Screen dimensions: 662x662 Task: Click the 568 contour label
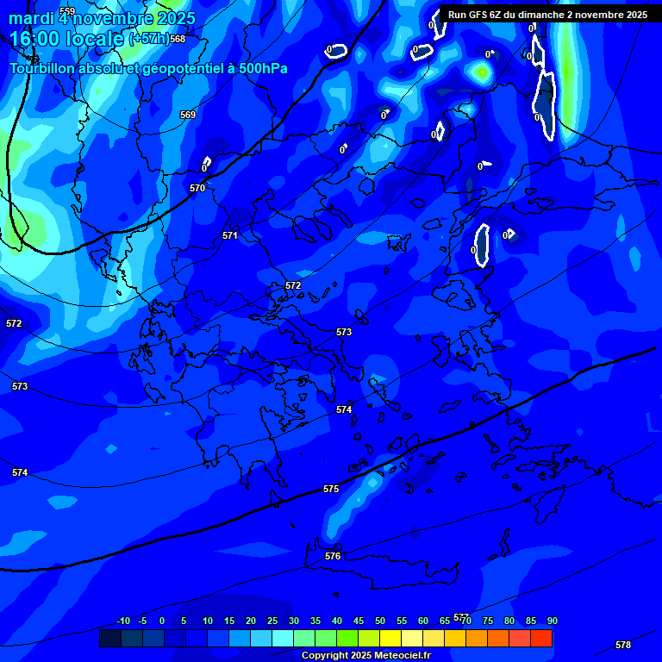178,40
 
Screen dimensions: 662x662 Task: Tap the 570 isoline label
197,188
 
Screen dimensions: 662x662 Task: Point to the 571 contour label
230,235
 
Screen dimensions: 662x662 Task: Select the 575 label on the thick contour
331,489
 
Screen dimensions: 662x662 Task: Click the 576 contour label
333,556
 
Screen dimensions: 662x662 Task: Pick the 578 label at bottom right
623,645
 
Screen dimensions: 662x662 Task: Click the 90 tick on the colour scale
552,621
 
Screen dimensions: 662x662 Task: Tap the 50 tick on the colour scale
380,621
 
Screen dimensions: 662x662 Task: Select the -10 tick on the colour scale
123,621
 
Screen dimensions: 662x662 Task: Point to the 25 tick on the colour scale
272,621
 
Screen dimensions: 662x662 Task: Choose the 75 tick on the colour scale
488,621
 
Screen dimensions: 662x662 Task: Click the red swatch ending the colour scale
541,638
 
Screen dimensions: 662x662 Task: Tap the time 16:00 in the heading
35,40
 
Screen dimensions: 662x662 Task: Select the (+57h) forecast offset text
148,40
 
